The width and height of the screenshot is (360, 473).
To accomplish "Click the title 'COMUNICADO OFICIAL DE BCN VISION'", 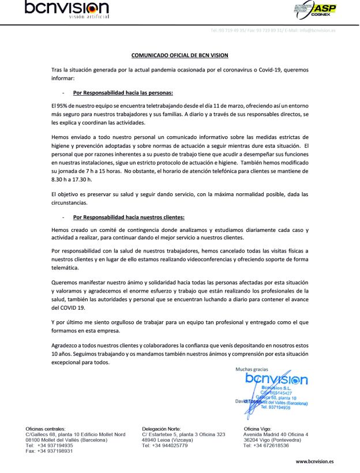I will pos(179,55).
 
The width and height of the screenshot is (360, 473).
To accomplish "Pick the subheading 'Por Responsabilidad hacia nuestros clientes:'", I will pos(129,217).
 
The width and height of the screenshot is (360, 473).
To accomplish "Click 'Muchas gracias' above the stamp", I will pos(252,369).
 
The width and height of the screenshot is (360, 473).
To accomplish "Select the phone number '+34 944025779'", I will pos(171,445).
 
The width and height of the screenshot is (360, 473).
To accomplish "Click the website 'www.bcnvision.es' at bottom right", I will pos(314,461).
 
